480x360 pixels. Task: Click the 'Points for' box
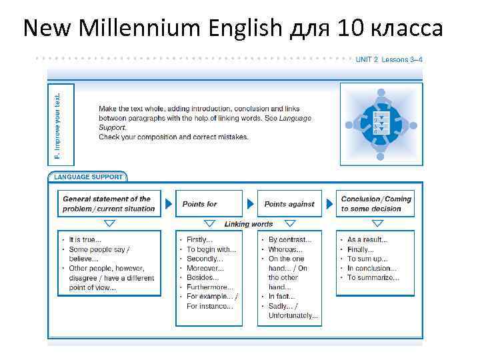coord(206,204)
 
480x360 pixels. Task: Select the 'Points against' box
coord(289,204)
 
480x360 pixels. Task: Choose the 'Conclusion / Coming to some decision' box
coord(376,204)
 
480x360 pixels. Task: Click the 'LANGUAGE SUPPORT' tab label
coord(88,177)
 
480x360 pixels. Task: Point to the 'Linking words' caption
coord(249,225)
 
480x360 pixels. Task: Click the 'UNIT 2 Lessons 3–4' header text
coord(389,59)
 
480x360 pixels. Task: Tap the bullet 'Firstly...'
coord(199,240)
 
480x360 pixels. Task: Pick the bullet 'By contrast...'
coord(290,240)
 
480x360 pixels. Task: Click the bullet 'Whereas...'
coord(285,249)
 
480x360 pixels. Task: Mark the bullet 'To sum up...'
coord(367,259)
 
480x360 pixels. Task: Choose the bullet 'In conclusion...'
coord(371,268)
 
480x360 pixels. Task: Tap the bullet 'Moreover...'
coord(203,268)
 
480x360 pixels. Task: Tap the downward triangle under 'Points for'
coord(205,223)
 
